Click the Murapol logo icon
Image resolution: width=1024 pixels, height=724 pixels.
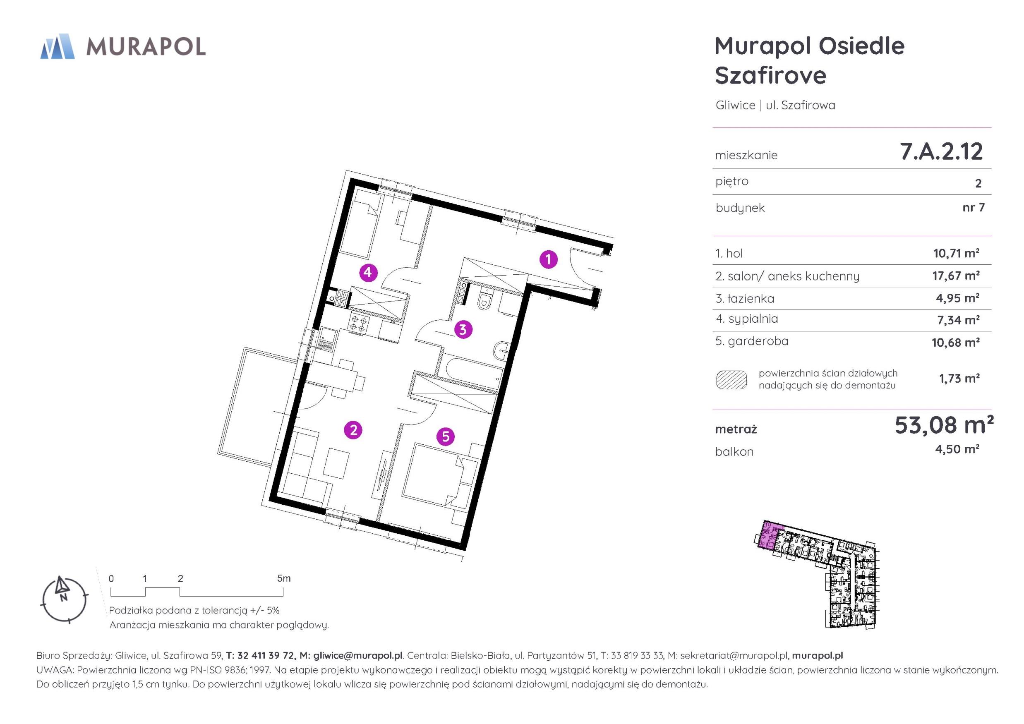click(x=57, y=46)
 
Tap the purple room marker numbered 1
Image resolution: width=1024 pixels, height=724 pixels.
click(x=548, y=259)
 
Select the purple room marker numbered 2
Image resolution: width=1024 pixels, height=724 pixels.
click(x=353, y=430)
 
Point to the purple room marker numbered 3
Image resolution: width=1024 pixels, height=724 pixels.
click(x=463, y=330)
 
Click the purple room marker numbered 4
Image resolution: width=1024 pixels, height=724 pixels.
click(x=368, y=272)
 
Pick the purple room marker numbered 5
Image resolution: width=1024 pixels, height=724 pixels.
click(x=446, y=437)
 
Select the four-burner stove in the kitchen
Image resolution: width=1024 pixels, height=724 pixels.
click(x=358, y=324)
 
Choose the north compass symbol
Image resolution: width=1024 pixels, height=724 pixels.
click(x=64, y=599)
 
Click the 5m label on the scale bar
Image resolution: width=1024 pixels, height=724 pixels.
click(x=284, y=578)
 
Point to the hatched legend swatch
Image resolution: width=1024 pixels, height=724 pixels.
click(x=731, y=380)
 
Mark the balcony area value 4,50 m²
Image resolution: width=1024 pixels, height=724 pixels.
click(x=957, y=449)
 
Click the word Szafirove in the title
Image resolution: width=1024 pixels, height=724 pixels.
click(x=771, y=75)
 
